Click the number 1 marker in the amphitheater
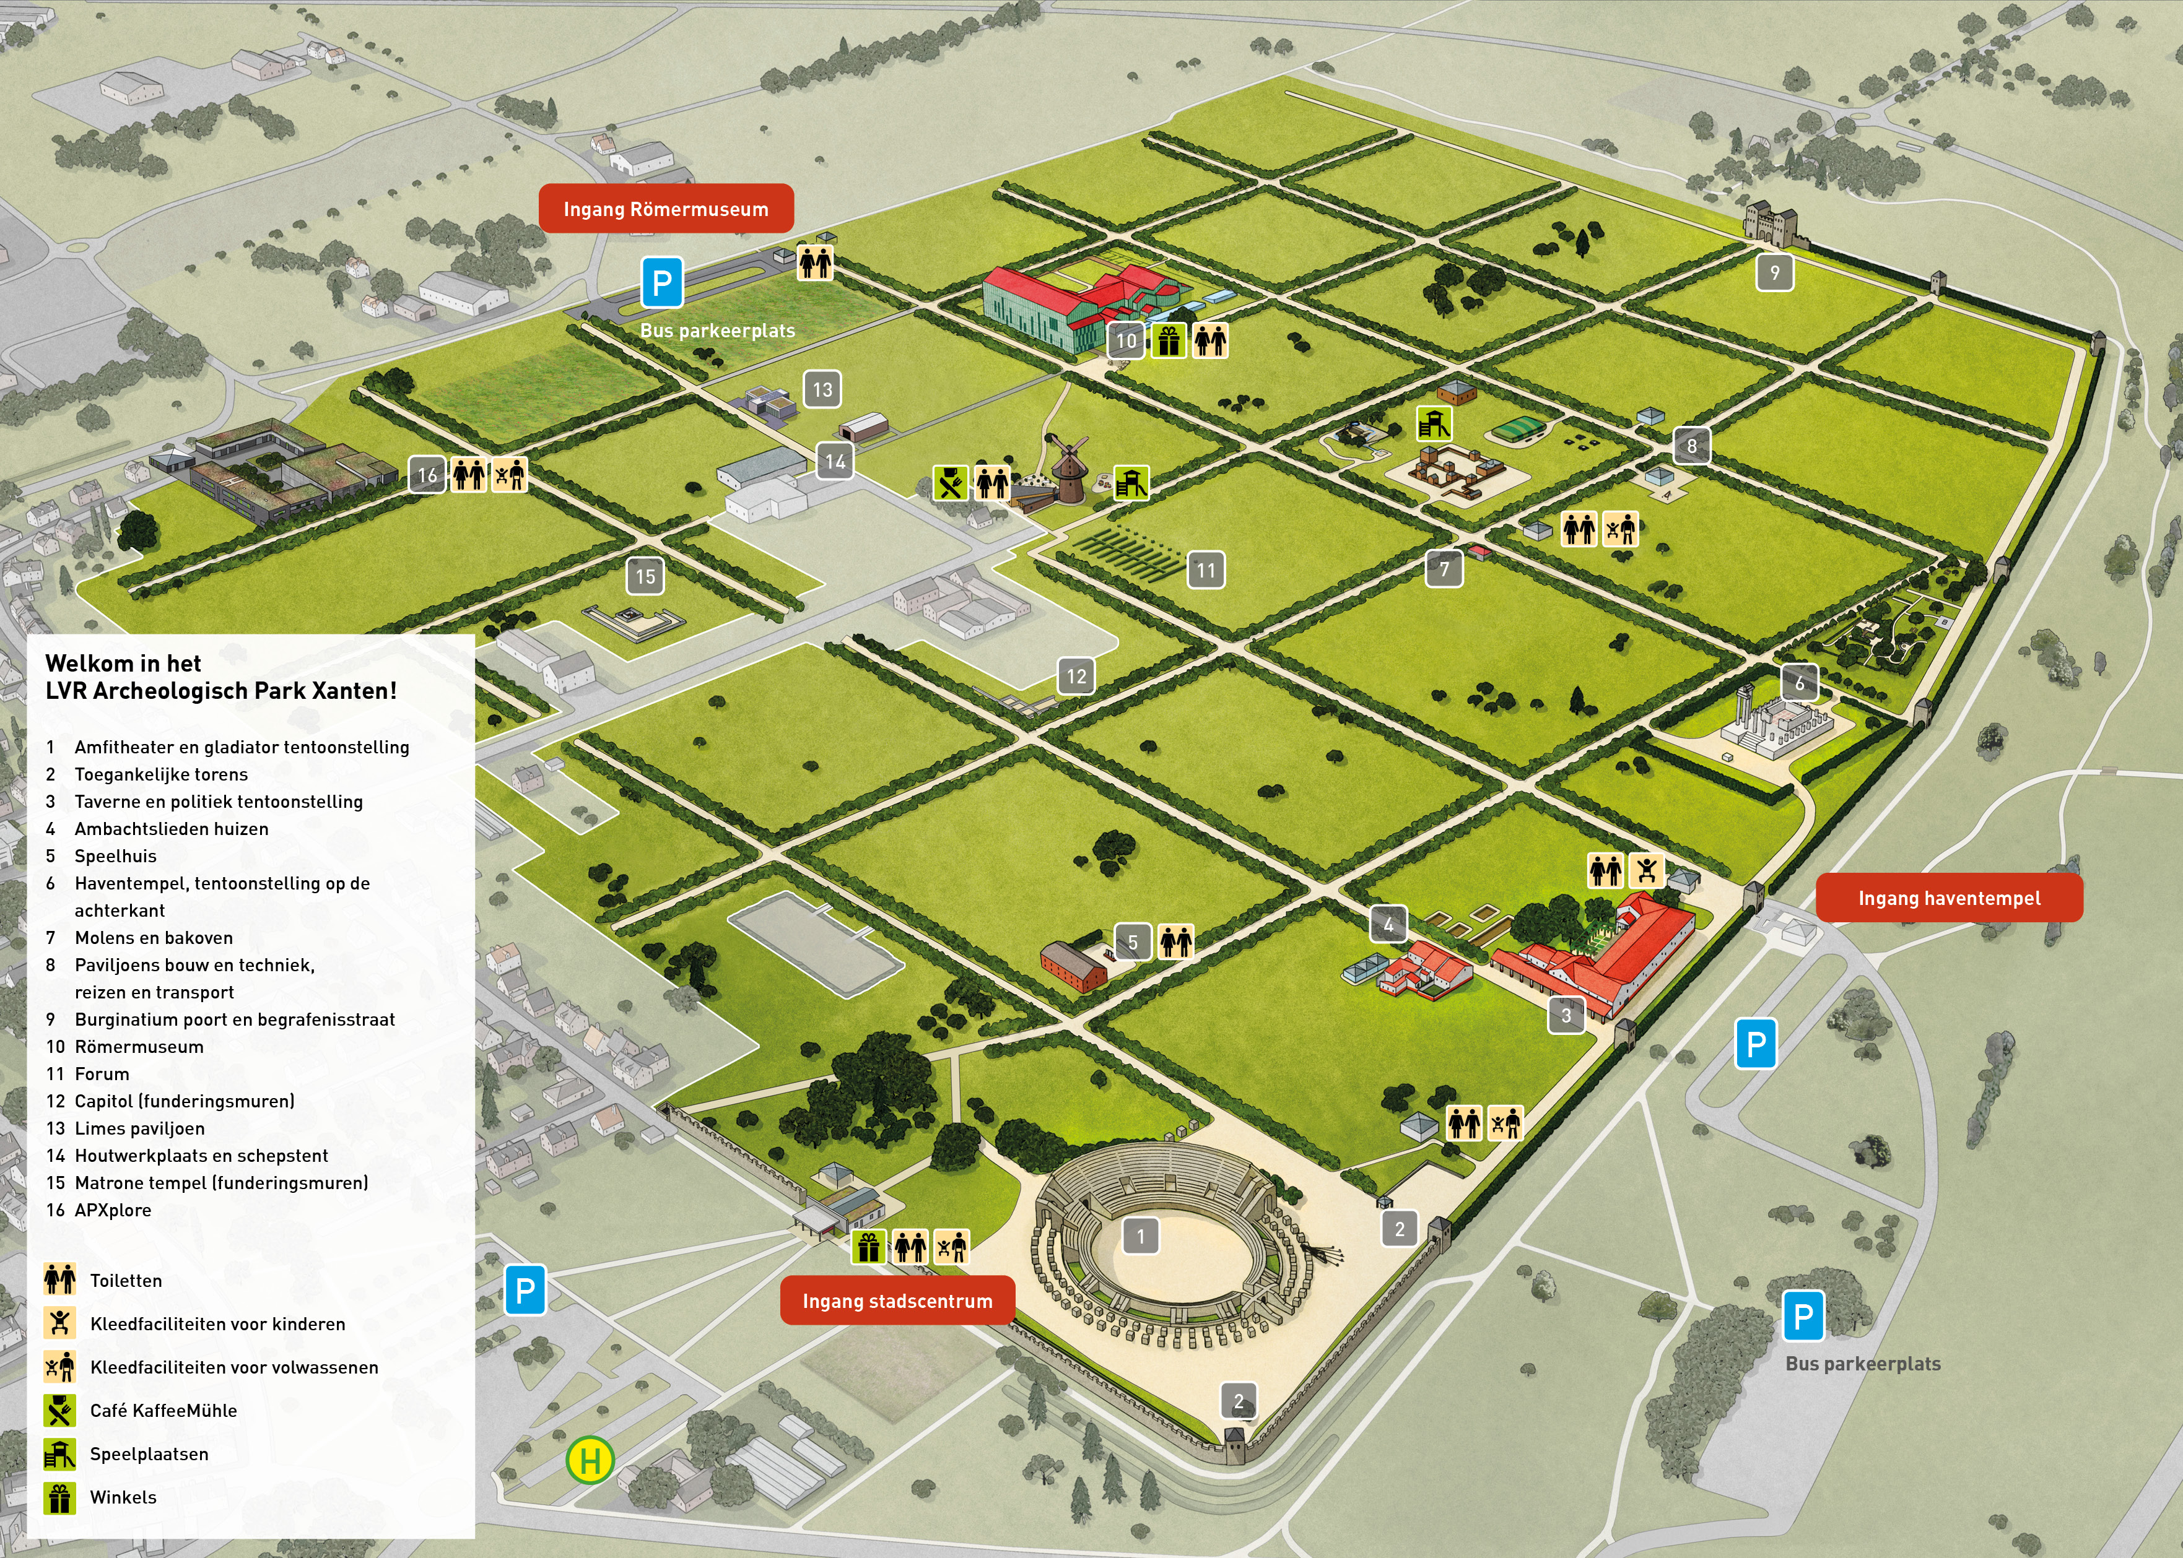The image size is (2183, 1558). (1140, 1236)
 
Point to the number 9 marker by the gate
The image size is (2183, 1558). (1774, 272)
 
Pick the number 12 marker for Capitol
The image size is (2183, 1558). (1076, 677)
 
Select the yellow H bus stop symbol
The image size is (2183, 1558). (590, 1460)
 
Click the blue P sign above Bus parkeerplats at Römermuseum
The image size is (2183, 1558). (662, 282)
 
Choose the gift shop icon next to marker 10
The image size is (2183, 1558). (1168, 340)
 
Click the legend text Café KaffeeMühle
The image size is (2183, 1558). (163, 1410)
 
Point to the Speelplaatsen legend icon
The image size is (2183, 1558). (59, 1453)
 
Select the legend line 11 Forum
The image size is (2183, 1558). (89, 1073)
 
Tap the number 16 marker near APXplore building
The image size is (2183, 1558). (427, 474)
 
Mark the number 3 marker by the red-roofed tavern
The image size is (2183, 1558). (1566, 1015)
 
